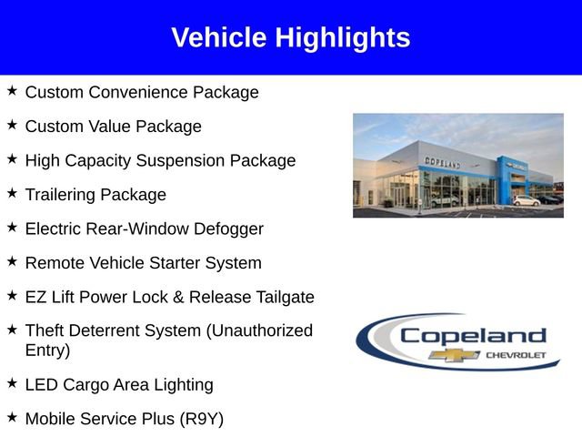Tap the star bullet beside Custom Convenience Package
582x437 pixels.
12,91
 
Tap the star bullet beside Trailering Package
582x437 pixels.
12,193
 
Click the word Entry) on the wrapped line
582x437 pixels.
47,350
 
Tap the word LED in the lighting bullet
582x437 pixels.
42,384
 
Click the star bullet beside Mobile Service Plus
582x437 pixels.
12,417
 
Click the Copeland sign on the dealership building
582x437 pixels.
443,162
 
